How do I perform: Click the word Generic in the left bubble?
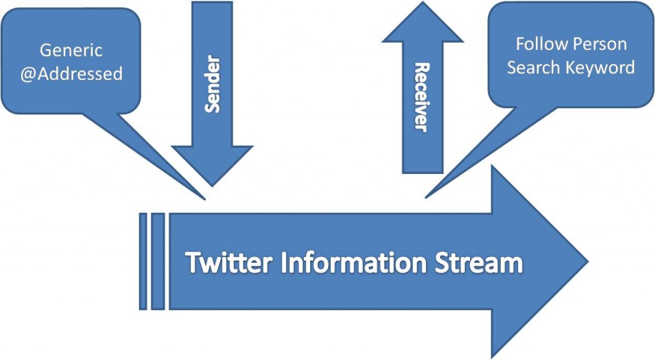[x=71, y=50]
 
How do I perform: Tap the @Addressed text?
[x=71, y=74]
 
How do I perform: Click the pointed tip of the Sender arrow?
[x=212, y=185]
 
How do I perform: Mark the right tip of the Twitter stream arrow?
[x=586, y=262]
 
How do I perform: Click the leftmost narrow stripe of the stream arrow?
[x=143, y=262]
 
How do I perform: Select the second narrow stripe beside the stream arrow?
[x=157, y=262]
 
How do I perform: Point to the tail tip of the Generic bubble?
[x=205, y=199]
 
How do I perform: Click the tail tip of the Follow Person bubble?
[x=427, y=197]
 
